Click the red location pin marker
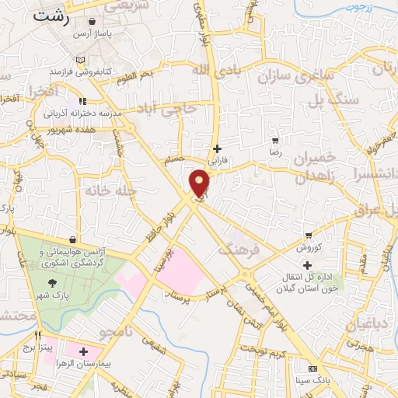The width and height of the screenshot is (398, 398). coord(200,182)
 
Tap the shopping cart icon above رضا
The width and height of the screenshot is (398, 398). coord(275,141)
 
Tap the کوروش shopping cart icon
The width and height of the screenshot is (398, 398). coord(309,236)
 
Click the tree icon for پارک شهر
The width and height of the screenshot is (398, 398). coord(52,284)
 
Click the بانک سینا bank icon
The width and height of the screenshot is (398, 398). coord(312,368)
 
